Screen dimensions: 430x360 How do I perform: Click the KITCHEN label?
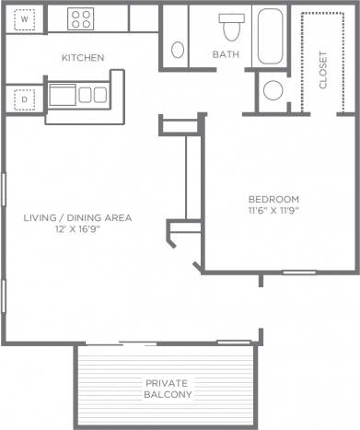click(x=83, y=58)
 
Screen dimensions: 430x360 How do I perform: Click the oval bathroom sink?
click(x=178, y=50)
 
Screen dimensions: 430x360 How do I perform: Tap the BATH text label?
click(x=226, y=55)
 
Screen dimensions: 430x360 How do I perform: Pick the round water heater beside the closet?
click(x=273, y=91)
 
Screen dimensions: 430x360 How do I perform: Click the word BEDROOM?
click(x=274, y=199)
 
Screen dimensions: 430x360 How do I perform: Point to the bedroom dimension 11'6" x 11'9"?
click(x=274, y=211)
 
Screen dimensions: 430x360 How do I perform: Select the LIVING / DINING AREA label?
click(x=78, y=217)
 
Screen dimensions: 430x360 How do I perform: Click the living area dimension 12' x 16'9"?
click(x=78, y=229)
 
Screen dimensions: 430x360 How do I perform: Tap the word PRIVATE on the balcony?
click(x=168, y=382)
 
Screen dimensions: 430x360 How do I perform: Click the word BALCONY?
click(x=168, y=395)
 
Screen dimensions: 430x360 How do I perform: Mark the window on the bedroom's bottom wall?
click(x=298, y=272)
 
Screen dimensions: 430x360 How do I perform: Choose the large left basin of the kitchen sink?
click(x=63, y=94)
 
